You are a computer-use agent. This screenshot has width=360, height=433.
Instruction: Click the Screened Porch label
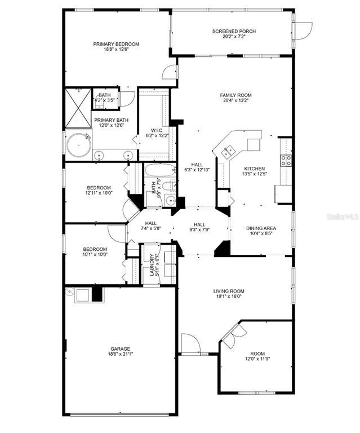pyautogui.click(x=234, y=31)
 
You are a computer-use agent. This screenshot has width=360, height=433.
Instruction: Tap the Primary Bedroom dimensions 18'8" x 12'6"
pyautogui.click(x=116, y=49)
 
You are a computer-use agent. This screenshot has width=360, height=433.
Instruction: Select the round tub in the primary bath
pyautogui.click(x=79, y=145)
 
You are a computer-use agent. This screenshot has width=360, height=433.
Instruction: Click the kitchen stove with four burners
pyautogui.click(x=286, y=161)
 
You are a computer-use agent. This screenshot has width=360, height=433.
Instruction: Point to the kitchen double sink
pyautogui.click(x=228, y=151)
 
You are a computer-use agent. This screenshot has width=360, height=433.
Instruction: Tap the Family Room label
pyautogui.click(x=235, y=95)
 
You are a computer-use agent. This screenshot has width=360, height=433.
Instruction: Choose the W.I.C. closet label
pyautogui.click(x=157, y=130)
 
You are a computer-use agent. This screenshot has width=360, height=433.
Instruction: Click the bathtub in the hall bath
pyautogui.click(x=160, y=170)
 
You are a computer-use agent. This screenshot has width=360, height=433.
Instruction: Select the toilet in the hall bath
pyautogui.click(x=168, y=186)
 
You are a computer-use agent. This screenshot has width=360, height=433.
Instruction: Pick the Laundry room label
pyautogui.click(x=152, y=265)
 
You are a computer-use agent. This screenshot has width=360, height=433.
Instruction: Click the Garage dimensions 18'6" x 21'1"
pyautogui.click(x=121, y=354)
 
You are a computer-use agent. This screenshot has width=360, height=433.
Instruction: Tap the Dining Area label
pyautogui.click(x=261, y=228)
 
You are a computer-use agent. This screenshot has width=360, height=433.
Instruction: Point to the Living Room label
pyautogui.click(x=229, y=291)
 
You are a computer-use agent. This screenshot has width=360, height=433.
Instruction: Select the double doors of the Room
pyautogui.click(x=233, y=335)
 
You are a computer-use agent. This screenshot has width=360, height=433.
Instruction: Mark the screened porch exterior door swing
pyautogui.click(x=304, y=31)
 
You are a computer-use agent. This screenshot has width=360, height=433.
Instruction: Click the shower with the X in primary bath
pyautogui.click(x=78, y=108)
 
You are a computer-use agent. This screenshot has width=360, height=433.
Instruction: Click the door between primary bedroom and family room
pyautogui.click(x=170, y=72)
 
